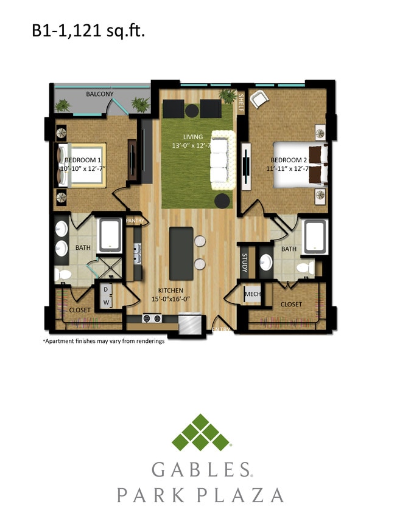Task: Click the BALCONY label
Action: [x=99, y=94]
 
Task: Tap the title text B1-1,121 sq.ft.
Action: [x=88, y=31]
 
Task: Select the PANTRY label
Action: [x=135, y=221]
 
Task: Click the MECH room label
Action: [x=252, y=295]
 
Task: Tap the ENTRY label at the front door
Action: [x=221, y=329]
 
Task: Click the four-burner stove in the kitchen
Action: [x=152, y=318]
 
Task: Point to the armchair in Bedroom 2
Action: [x=258, y=100]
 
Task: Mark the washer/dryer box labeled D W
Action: [x=105, y=295]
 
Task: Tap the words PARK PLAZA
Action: [x=200, y=495]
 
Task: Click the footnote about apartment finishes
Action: [x=104, y=341]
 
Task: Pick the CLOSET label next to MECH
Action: [x=292, y=304]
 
